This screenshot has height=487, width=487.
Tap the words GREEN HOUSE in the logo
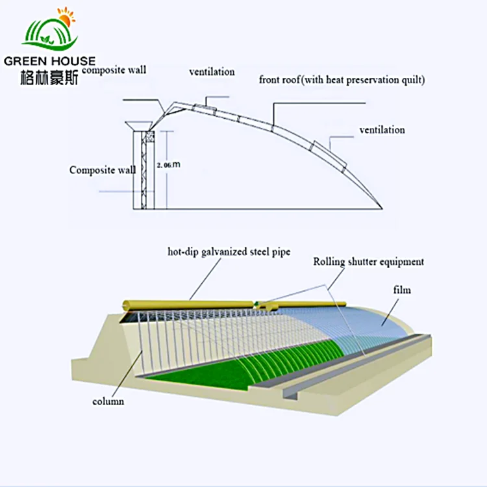(x=49, y=60)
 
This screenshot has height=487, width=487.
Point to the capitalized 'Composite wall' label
(x=103, y=170)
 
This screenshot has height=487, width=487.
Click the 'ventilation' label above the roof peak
(x=212, y=72)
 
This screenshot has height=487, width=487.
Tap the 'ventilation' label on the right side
(x=382, y=131)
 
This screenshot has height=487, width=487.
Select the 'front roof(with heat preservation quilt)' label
(x=343, y=81)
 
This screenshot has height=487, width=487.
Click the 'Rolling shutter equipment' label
(x=368, y=262)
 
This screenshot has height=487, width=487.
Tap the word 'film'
(x=403, y=290)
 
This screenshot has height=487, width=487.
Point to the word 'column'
(x=108, y=402)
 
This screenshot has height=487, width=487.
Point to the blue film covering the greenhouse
(x=364, y=325)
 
